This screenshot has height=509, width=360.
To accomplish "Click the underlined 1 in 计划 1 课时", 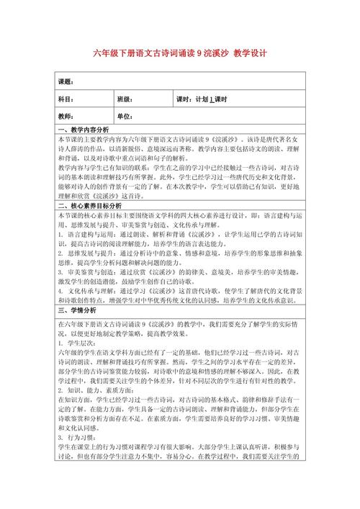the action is click(x=212, y=99).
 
